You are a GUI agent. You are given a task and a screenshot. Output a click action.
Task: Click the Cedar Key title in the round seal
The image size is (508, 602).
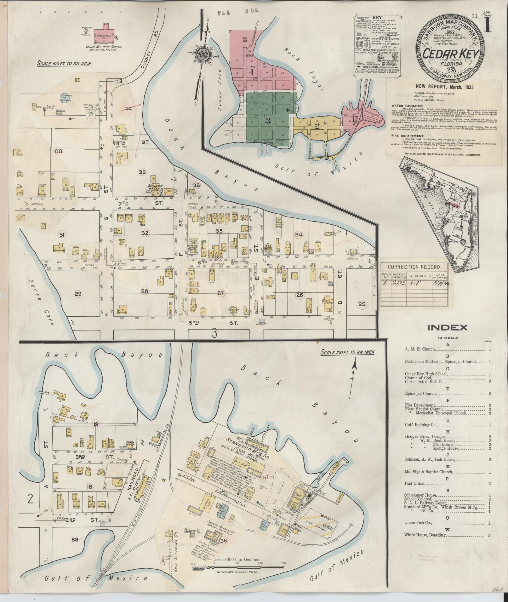point(449,54)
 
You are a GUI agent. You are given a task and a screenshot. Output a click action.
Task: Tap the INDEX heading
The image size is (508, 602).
point(447,328)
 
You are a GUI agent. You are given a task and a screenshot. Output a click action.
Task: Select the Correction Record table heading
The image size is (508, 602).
point(410,267)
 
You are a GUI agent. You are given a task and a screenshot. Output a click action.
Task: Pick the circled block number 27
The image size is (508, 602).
point(221,293)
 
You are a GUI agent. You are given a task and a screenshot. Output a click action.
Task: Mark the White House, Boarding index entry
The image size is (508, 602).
point(425,535)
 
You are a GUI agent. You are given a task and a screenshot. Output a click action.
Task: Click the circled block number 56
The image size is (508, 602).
point(224,541)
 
